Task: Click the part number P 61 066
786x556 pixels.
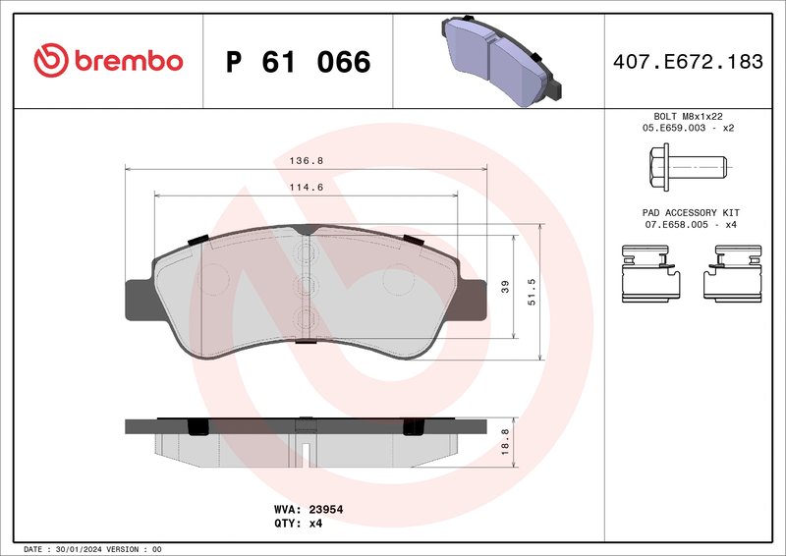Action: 298,62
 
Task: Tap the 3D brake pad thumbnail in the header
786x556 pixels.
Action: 500,58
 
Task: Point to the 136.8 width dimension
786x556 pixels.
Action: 307,159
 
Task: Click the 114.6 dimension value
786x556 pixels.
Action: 307,188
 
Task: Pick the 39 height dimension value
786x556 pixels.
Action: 506,286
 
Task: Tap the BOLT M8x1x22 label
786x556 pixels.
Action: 688,116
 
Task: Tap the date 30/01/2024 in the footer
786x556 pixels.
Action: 76,548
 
